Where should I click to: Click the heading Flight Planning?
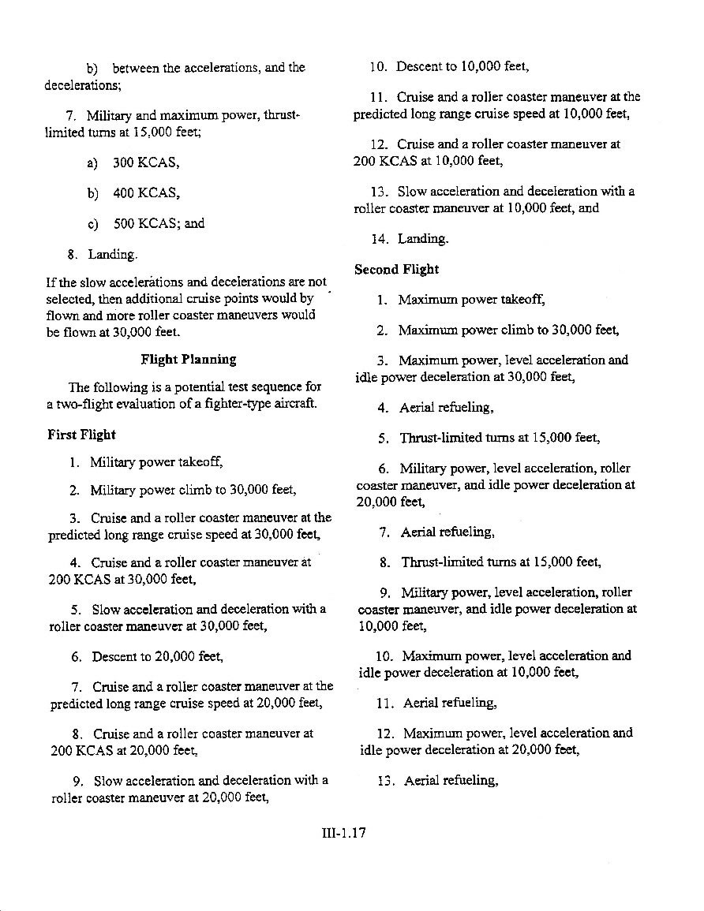point(188,360)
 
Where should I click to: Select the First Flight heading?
point(81,435)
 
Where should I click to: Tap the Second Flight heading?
point(396,269)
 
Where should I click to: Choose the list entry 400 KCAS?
point(147,193)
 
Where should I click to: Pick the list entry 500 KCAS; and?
point(159,223)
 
